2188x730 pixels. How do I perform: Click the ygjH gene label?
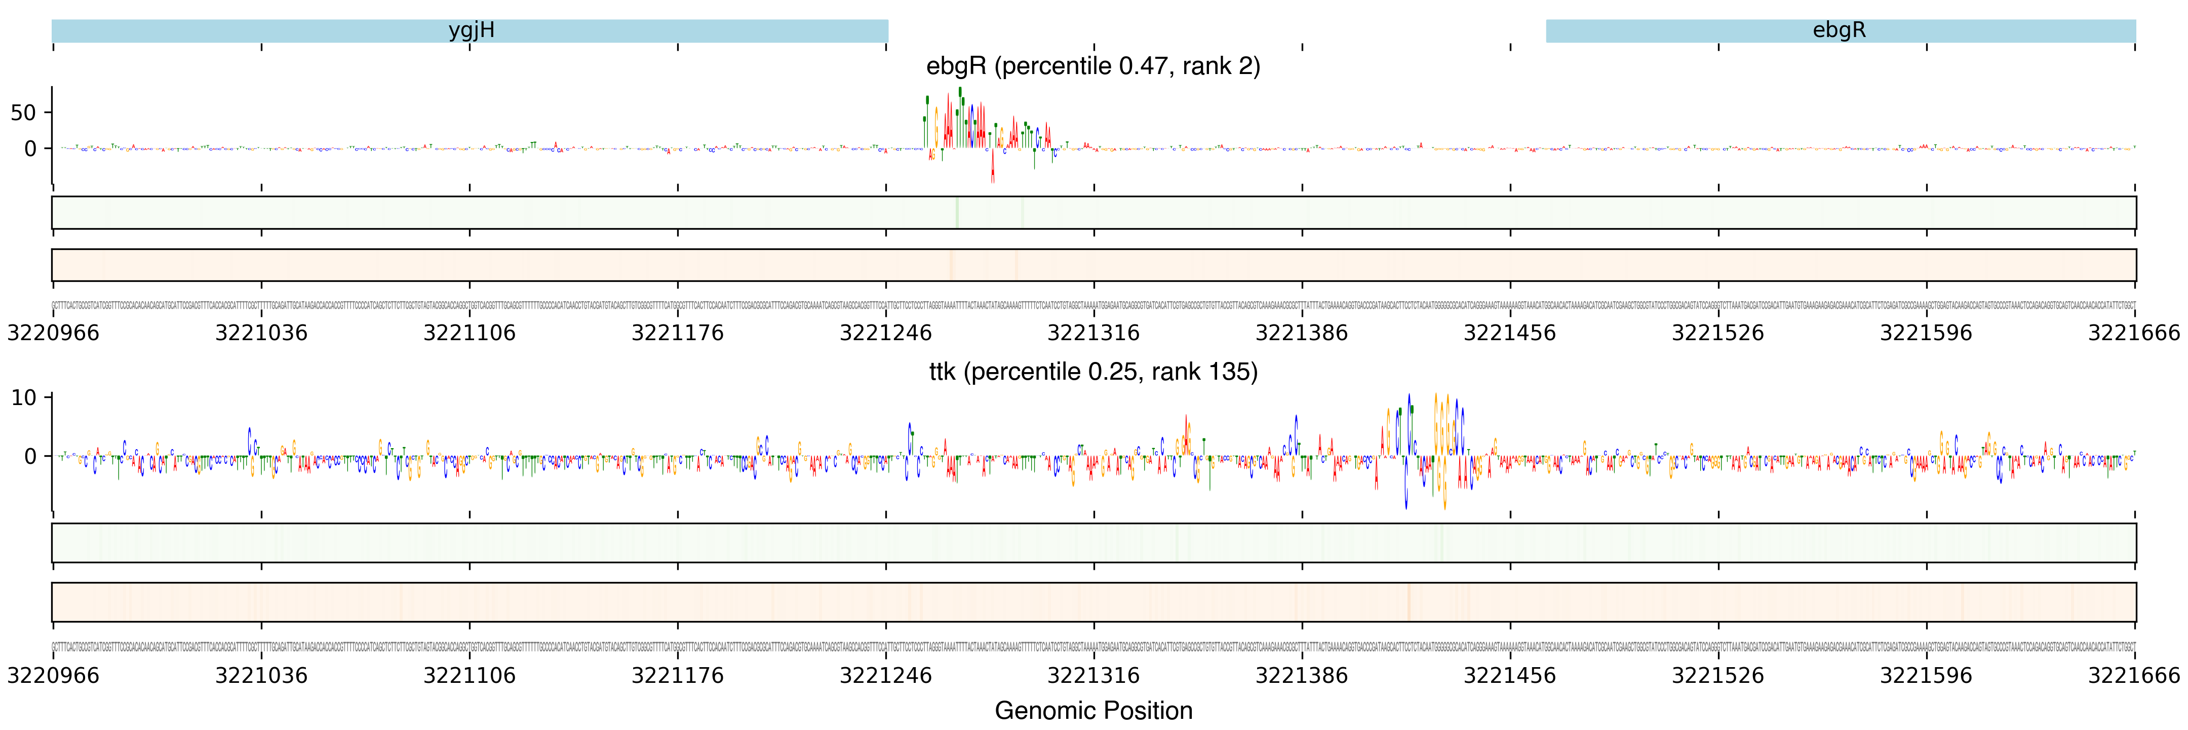pos(472,30)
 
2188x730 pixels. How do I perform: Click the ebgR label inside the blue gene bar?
pos(1839,30)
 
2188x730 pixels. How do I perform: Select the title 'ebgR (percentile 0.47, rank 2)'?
pos(1093,66)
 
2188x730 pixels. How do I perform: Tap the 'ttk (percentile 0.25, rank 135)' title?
pos(1093,372)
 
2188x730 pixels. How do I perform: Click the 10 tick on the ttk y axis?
pos(24,398)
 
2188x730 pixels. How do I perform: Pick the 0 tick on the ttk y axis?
pos(30,456)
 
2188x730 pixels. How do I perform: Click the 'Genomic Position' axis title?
pos(1093,710)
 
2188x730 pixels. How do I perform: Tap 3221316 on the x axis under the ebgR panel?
pos(1093,332)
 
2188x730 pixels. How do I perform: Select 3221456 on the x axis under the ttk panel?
pos(1509,676)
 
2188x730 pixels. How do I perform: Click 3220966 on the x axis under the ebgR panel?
pos(53,332)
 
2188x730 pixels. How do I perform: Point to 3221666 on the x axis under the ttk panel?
pos(2134,676)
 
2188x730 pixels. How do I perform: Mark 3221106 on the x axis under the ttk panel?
pos(469,676)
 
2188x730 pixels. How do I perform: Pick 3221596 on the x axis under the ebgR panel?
pos(1926,332)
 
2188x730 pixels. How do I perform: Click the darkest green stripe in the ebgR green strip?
pos(957,212)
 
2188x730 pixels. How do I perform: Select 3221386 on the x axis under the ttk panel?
pos(1301,676)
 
